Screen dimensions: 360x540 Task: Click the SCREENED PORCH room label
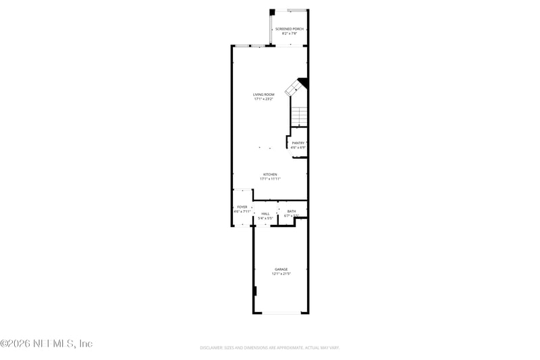[x=289, y=29]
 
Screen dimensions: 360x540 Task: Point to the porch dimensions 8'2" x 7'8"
[x=289, y=34]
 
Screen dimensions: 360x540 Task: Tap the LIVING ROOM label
[x=263, y=95]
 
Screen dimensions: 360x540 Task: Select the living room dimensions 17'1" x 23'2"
[x=263, y=99]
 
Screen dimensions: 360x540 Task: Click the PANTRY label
[x=298, y=143]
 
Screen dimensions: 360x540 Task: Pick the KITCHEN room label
[x=270, y=174]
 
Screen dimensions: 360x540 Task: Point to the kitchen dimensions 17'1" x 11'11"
[x=270, y=179]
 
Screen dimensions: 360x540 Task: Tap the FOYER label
[x=242, y=207]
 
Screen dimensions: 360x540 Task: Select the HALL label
[x=265, y=213]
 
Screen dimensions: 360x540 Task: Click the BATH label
[x=292, y=211]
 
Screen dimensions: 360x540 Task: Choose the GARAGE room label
[x=281, y=269]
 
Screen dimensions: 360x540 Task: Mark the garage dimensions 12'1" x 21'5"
[x=281, y=274]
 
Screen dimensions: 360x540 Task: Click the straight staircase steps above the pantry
[x=299, y=116]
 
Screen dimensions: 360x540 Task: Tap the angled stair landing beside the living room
[x=294, y=88]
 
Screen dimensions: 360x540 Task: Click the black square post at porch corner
[x=273, y=11]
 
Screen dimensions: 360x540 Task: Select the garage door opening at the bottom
[x=281, y=313]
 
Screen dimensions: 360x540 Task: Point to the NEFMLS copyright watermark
[x=47, y=344]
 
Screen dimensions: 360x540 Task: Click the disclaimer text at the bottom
[x=269, y=348]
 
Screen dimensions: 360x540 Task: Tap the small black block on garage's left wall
[x=255, y=291]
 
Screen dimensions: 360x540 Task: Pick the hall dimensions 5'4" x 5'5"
[x=265, y=218]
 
